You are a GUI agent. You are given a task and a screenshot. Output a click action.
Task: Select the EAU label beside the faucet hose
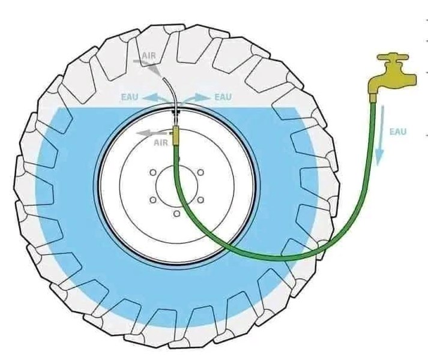tap(398, 131)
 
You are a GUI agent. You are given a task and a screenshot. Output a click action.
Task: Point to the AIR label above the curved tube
tap(148, 56)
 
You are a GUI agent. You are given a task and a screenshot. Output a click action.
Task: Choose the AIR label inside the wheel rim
tap(160, 143)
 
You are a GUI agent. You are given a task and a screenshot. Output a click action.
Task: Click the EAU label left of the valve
tap(130, 97)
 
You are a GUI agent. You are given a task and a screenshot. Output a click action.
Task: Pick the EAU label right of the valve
tap(223, 97)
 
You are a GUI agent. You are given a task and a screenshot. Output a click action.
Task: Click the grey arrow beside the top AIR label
tap(154, 67)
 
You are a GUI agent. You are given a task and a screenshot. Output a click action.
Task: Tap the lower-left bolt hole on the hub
tap(153, 200)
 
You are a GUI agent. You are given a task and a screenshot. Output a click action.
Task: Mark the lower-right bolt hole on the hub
tap(200, 200)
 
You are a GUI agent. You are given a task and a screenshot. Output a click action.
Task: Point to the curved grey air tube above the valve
tap(171, 90)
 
